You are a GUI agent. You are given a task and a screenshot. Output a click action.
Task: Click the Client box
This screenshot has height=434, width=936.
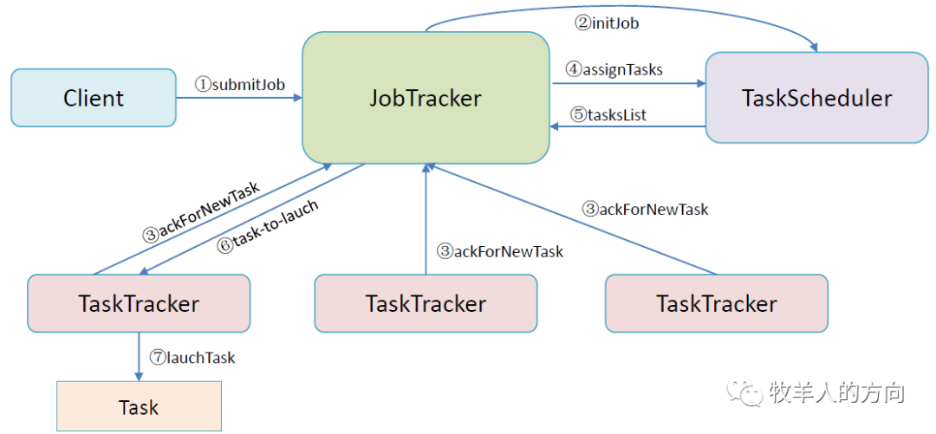(x=94, y=98)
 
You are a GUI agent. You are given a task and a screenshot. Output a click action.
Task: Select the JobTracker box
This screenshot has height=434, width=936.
(x=425, y=98)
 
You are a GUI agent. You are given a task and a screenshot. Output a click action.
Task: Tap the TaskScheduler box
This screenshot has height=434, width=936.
(x=816, y=98)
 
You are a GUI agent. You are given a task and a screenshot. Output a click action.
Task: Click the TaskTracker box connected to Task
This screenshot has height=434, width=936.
(x=139, y=303)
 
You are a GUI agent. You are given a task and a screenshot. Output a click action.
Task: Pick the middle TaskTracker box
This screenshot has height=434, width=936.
(x=426, y=303)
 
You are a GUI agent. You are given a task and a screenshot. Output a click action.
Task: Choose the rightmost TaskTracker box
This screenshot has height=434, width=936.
(x=717, y=303)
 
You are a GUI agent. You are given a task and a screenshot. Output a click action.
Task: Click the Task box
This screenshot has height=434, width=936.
(x=139, y=406)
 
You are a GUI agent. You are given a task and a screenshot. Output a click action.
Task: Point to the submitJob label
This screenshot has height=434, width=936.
(x=240, y=84)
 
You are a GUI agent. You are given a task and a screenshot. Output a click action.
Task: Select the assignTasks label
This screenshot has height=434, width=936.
(x=614, y=69)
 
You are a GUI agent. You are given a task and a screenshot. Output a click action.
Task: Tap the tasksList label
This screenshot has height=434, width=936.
(x=608, y=114)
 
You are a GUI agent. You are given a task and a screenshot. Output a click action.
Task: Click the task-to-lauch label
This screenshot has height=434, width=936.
(x=268, y=228)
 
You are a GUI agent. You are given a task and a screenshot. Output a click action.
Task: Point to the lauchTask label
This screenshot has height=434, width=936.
(x=192, y=358)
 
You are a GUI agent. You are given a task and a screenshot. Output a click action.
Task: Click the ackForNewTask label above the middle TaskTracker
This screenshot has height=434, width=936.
(x=500, y=251)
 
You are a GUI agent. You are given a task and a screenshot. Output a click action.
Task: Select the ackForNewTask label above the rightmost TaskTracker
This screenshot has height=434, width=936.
(x=645, y=210)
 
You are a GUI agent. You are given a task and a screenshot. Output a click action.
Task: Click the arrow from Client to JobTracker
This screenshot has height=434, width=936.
(x=239, y=98)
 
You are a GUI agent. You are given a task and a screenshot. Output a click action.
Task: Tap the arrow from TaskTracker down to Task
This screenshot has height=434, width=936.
(x=139, y=356)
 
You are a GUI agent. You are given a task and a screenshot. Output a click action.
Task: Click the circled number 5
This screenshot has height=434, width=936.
(x=577, y=114)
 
